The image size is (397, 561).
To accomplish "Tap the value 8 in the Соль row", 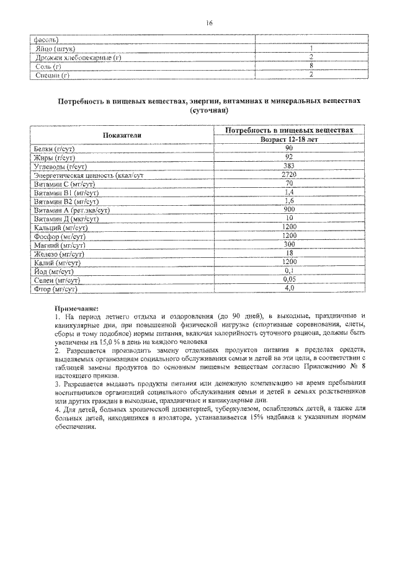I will click(310, 66).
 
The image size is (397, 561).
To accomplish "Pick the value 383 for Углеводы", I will click(288, 167).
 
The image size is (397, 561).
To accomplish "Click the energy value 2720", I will click(288, 175).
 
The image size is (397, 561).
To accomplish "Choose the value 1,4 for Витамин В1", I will click(288, 193).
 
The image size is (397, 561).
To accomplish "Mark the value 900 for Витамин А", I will click(288, 210).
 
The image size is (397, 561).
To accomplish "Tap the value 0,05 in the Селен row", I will click(288, 280).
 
